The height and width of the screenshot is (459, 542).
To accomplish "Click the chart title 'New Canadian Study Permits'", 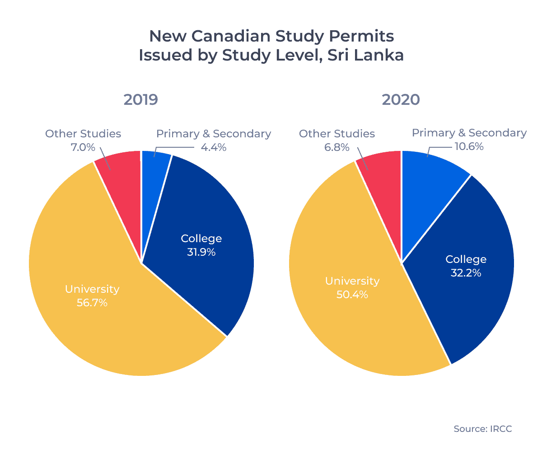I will click(271, 36).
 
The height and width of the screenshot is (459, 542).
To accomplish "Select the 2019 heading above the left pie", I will click(140, 99).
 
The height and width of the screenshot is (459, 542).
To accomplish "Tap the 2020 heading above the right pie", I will click(401, 99).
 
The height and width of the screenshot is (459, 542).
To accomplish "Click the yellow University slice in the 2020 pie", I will click(343, 325).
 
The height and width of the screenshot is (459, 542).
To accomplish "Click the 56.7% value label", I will click(92, 303).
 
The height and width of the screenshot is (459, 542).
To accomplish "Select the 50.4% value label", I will click(352, 295).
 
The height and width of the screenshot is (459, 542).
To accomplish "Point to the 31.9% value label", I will click(201, 252).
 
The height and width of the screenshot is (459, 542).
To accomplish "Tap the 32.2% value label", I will click(466, 273).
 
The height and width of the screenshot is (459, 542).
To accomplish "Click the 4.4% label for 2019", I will click(213, 147).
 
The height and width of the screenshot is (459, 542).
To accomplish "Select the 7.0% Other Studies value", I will click(83, 147).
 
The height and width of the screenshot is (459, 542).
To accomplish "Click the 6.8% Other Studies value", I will click(337, 147).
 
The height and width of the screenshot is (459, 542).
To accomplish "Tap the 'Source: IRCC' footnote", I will click(483, 429).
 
